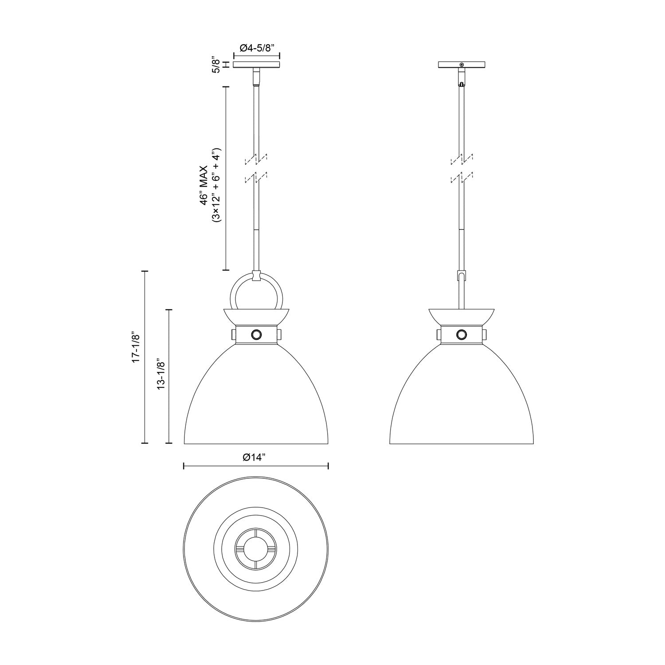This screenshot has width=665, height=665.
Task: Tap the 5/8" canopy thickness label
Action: click(216, 65)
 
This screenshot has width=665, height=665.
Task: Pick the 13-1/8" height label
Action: click(161, 376)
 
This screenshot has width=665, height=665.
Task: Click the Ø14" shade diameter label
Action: click(256, 458)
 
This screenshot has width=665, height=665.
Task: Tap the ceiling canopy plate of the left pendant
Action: click(257, 65)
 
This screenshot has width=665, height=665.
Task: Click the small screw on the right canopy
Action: click(462, 65)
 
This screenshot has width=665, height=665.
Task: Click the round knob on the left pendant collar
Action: click(256, 334)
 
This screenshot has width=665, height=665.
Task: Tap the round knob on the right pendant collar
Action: click(462, 334)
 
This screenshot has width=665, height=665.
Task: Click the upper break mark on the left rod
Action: click(256, 158)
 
